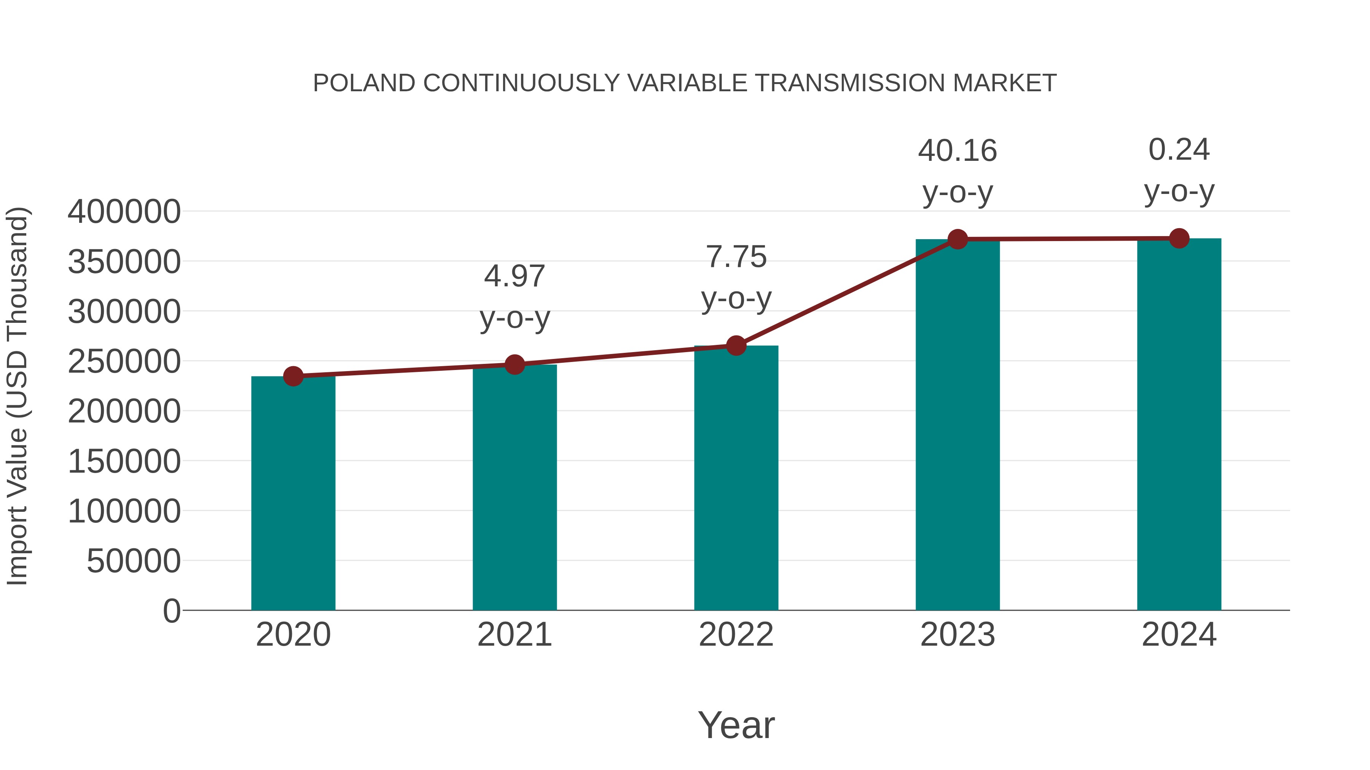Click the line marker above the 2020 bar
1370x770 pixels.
pyautogui.click(x=293, y=376)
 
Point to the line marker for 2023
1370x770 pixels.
pyautogui.click(x=957, y=239)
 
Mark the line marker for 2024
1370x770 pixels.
pyautogui.click(x=1179, y=238)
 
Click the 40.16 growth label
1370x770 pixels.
pyautogui.click(x=957, y=151)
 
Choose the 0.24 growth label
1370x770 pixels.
pyautogui.click(x=1179, y=150)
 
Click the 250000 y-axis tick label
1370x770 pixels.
pyautogui.click(x=124, y=361)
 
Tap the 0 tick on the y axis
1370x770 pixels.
pyautogui.click(x=171, y=611)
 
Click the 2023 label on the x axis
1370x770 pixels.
pyautogui.click(x=957, y=635)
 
